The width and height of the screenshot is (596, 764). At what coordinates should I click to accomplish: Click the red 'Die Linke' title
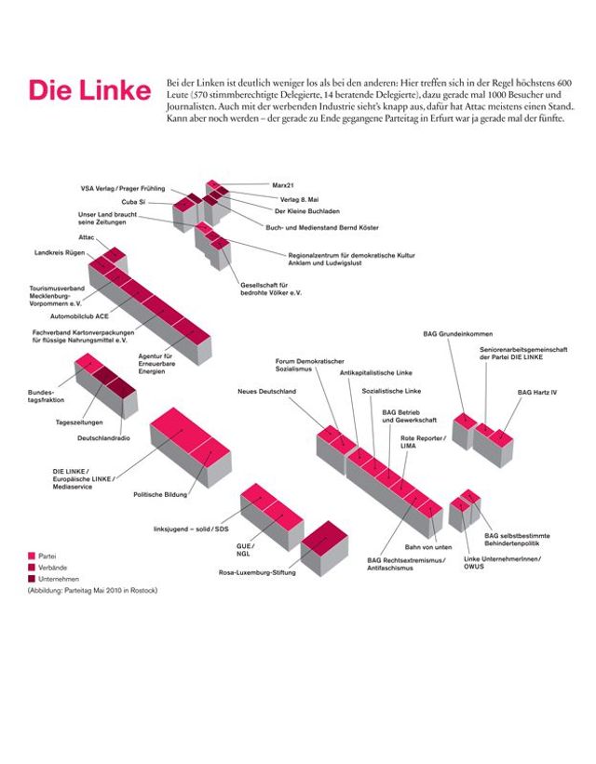click(89, 90)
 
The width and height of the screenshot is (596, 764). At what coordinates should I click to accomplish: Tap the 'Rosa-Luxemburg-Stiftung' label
click(256, 572)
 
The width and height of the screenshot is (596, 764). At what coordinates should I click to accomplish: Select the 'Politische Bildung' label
click(160, 494)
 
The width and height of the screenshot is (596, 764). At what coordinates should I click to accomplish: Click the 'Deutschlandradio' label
click(103, 437)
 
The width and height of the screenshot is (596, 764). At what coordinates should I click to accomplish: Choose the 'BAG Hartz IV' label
click(537, 392)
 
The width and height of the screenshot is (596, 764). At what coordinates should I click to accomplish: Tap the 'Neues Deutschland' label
click(266, 392)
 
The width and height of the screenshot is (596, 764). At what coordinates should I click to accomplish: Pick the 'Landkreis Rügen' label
click(61, 252)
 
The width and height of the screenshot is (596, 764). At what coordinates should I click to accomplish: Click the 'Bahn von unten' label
click(428, 546)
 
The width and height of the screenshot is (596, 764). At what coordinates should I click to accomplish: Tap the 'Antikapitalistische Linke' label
click(349, 372)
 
